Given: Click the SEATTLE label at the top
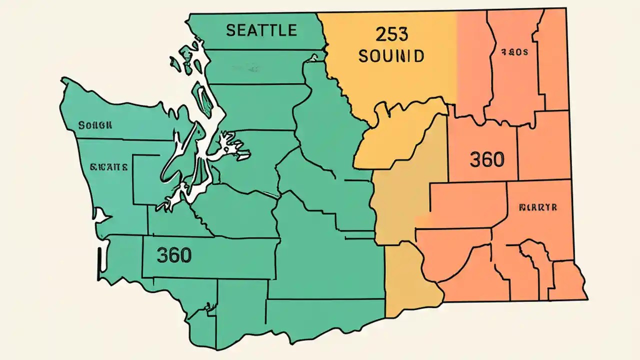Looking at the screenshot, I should click(261, 30).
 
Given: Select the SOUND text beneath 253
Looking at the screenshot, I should click(391, 55).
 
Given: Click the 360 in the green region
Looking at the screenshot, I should click(174, 255).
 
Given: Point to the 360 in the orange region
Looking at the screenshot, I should click(486, 159).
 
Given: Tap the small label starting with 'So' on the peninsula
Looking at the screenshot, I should click(95, 125).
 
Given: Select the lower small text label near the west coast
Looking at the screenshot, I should click(108, 167).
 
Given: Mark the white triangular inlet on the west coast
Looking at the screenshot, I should click(103, 216).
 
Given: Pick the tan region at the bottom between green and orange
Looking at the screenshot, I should click(410, 280).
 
